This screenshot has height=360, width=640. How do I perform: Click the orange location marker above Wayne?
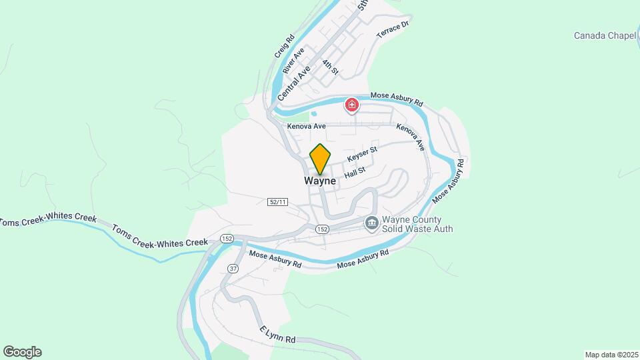320,159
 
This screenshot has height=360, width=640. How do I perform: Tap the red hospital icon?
351,105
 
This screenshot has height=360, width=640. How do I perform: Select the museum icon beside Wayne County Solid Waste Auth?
371,223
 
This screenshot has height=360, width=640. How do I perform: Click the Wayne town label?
320,181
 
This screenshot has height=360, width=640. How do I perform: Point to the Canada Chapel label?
605,35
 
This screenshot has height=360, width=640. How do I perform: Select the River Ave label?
293,60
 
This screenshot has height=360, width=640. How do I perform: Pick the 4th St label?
331,67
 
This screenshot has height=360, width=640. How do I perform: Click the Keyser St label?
363,153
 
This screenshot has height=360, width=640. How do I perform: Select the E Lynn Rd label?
277,335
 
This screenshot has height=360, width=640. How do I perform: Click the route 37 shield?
233,268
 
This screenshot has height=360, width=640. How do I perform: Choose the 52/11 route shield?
277,201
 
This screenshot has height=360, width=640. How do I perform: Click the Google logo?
22,352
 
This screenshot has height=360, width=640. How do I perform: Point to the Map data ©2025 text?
611,355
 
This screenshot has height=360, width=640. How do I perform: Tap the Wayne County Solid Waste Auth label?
417,224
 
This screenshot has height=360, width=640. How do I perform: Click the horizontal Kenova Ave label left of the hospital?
306,126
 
